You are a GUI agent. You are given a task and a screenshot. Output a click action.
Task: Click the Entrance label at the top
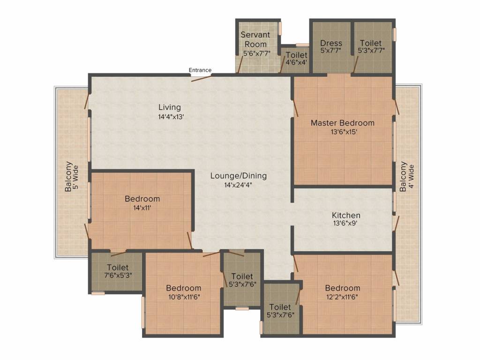point(200,70)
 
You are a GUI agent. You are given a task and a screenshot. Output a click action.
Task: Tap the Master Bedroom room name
point(343,123)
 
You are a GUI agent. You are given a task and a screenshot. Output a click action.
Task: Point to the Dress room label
point(331,43)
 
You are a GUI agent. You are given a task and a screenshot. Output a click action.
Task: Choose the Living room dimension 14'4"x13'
point(170,117)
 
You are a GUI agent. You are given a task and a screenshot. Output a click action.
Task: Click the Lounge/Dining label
point(238,176)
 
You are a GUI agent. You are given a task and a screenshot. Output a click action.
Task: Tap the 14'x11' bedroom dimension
point(142,208)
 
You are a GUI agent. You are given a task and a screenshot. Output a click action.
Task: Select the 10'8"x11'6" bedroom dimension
point(184,297)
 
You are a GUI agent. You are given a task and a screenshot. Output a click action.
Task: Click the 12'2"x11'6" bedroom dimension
point(343,297)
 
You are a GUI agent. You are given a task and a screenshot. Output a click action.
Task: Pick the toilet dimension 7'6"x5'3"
point(118,275)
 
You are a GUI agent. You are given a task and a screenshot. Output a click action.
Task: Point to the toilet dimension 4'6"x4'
point(296,63)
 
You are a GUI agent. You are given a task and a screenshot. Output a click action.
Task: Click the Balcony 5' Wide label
point(73,177)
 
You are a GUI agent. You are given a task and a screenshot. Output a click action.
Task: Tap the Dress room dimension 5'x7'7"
point(331,51)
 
